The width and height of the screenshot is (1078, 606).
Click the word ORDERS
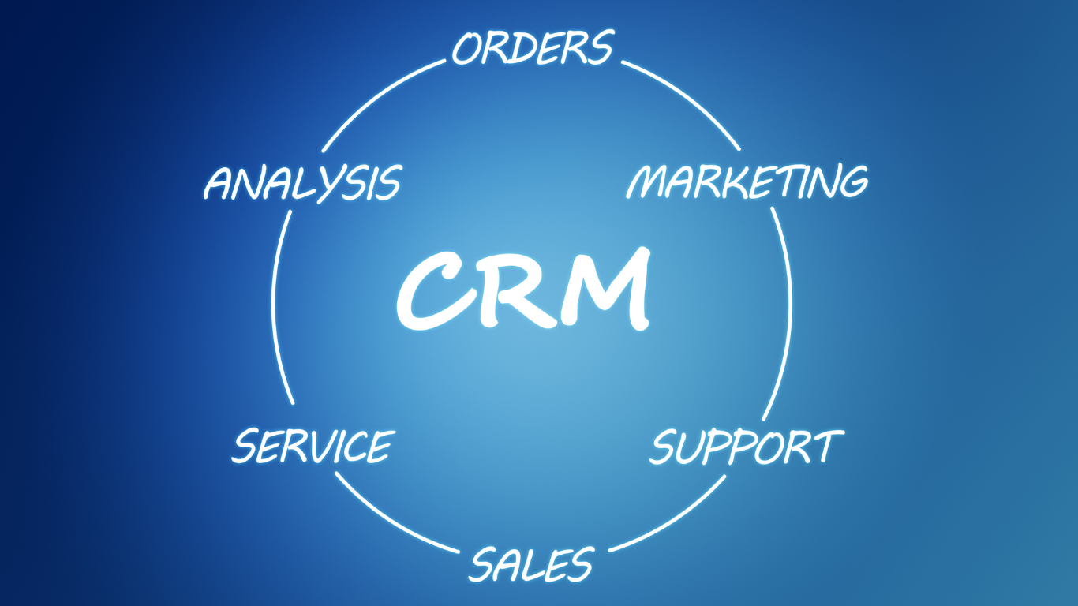click(x=533, y=47)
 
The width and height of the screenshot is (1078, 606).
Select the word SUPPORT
click(x=747, y=447)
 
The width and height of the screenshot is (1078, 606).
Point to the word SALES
click(x=531, y=563)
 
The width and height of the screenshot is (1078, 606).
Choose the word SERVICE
click(x=313, y=446)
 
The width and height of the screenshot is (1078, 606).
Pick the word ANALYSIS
click(x=303, y=183)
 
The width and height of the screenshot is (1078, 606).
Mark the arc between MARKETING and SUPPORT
click(x=785, y=313)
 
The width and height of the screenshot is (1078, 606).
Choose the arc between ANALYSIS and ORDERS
click(x=376, y=98)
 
